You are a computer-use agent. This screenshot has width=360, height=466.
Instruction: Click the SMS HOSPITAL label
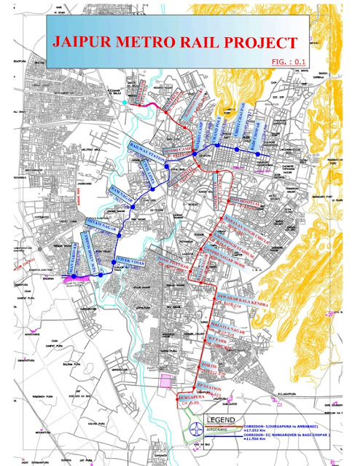coord(243,203)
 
